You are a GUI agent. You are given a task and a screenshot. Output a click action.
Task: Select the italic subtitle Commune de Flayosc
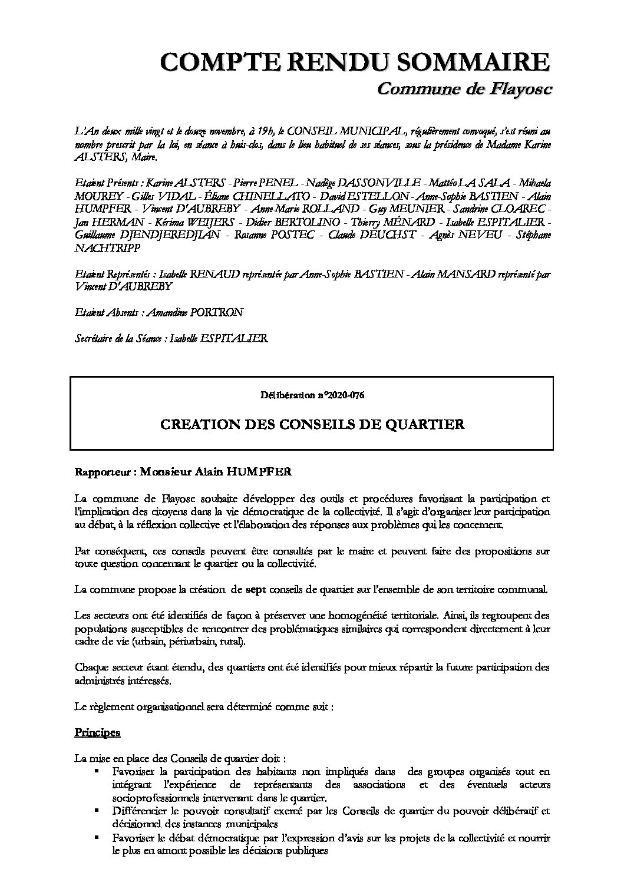[464, 89]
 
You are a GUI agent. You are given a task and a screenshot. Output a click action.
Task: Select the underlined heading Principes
[97, 732]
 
